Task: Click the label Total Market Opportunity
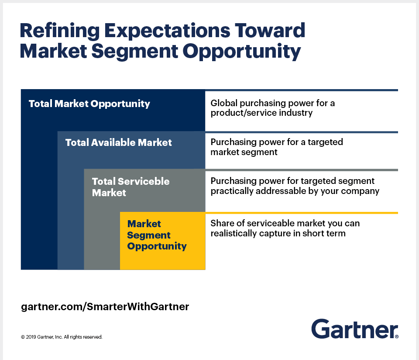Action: point(89,104)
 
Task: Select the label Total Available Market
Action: point(119,142)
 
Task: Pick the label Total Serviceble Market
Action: point(131,187)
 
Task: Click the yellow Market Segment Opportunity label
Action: point(157,235)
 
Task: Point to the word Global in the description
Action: point(224,104)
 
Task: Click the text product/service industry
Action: point(261,113)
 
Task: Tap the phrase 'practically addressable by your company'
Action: point(295,191)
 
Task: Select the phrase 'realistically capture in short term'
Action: point(278,233)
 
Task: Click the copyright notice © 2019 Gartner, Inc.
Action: point(62,337)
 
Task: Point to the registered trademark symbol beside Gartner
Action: point(396,336)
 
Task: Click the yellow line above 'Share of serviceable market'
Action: point(302,213)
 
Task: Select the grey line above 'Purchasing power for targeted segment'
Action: point(302,170)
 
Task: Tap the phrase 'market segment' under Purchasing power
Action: point(244,152)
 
